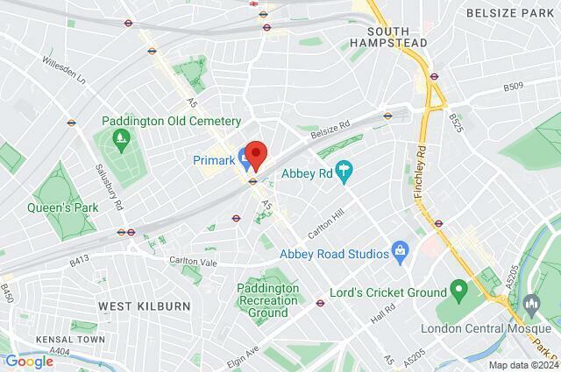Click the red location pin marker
(x=255, y=155)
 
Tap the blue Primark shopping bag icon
(x=243, y=160)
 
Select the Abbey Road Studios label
(x=333, y=254)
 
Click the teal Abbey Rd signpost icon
(x=344, y=172)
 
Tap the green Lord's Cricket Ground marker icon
(x=458, y=289)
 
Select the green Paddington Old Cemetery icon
(x=120, y=137)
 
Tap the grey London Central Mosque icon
(x=531, y=303)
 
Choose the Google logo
(x=29, y=361)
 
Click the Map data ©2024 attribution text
(x=522, y=365)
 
